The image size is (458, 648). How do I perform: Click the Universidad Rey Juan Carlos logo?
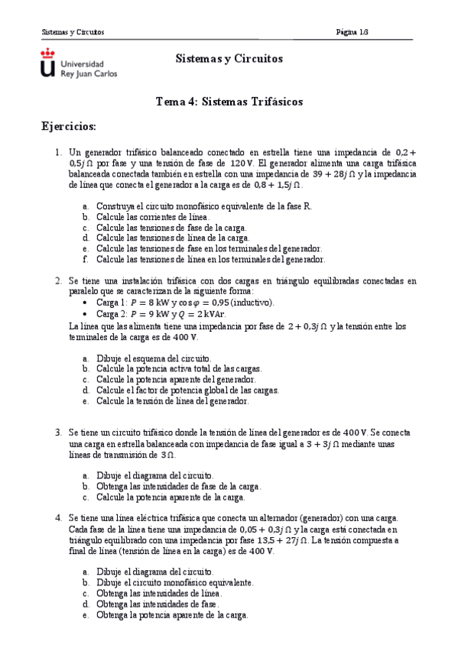[x=78, y=63]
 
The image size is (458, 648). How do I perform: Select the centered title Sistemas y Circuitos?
[x=229, y=59]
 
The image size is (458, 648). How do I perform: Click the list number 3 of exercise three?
[x=58, y=432]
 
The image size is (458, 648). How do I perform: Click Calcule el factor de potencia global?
[x=187, y=390]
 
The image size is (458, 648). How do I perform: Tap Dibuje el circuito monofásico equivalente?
[x=174, y=582]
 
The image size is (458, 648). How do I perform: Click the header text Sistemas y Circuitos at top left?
[x=73, y=32]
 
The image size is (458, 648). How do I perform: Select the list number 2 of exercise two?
[x=58, y=281]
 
